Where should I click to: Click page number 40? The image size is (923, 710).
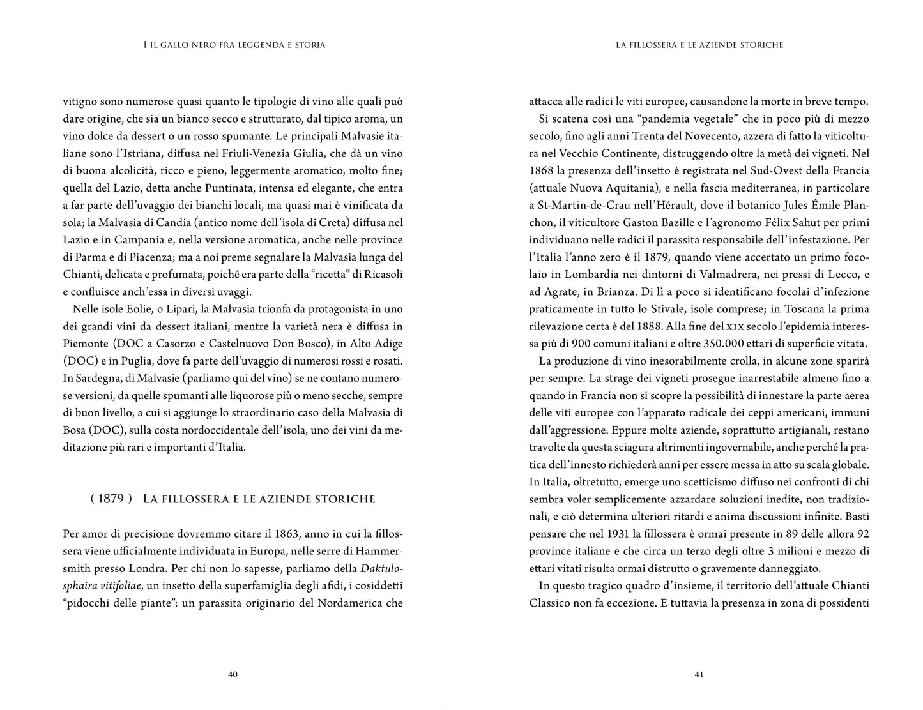point(233,674)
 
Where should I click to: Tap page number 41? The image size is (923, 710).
point(699,674)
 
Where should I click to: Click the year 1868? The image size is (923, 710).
point(542,171)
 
